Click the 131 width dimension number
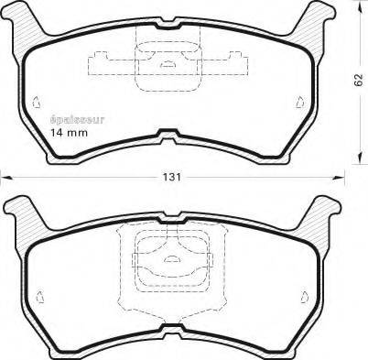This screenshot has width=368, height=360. [171, 178]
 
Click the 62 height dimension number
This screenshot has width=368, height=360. [359, 80]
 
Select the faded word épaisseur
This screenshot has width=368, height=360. [77, 120]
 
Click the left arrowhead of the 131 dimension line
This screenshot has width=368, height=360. [6, 178]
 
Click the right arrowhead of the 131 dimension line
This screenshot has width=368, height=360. [338, 178]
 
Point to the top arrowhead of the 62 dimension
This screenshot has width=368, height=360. [359, 6]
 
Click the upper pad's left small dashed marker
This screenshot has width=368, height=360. [37, 103]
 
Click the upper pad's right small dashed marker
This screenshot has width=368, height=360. [300, 102]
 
